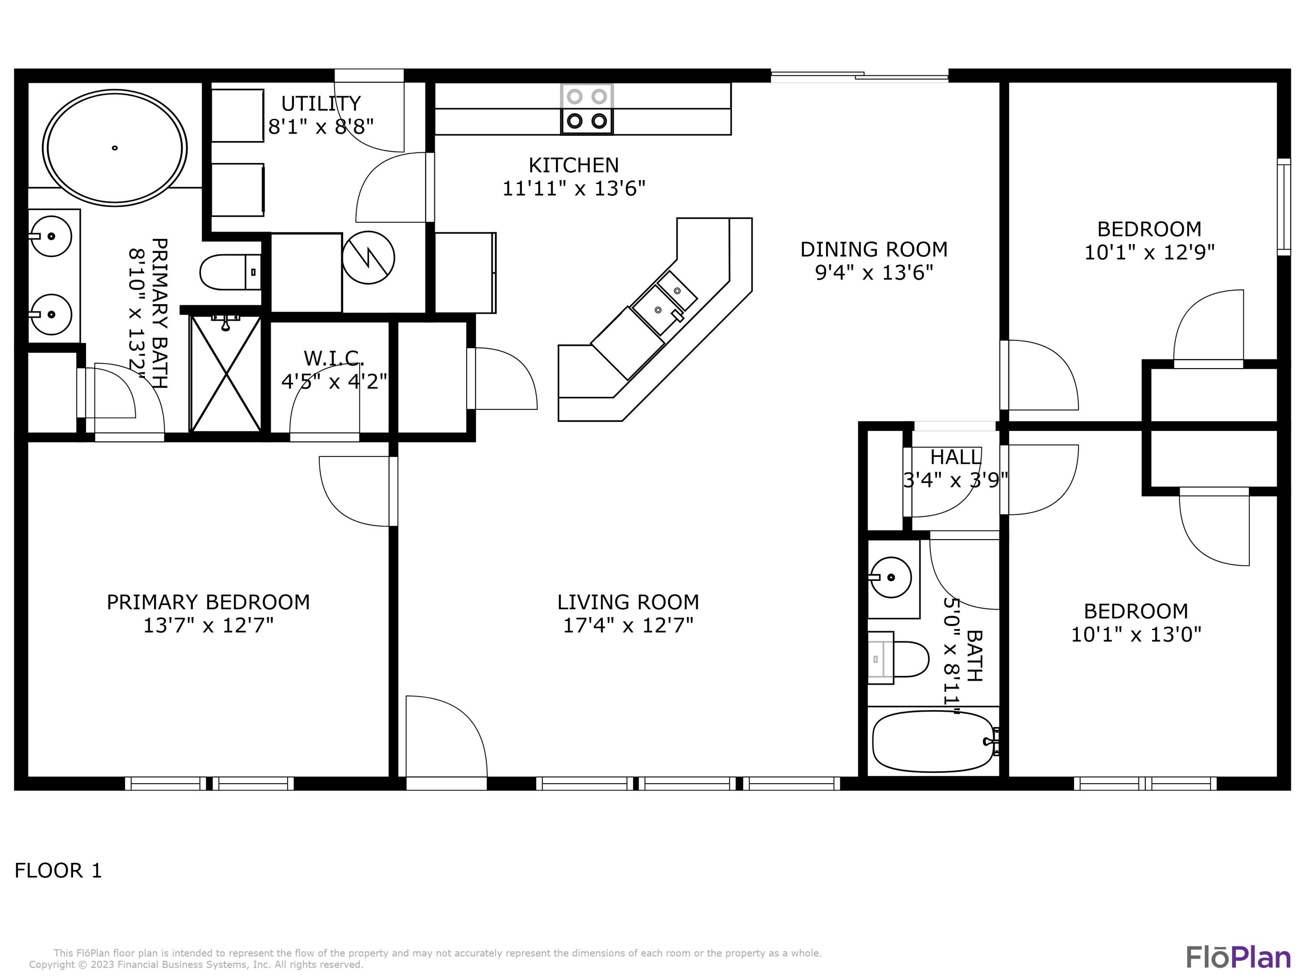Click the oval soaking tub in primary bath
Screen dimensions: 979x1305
click(x=114, y=148)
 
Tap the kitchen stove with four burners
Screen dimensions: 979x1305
click(x=586, y=109)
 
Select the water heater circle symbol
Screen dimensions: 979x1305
click(x=368, y=257)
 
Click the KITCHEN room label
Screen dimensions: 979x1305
click(x=573, y=164)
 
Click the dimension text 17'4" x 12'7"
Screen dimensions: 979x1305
click(x=628, y=625)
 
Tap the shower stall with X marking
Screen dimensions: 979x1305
click(x=226, y=373)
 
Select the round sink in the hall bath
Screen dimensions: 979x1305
click(x=891, y=577)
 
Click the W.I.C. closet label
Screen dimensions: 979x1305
click(x=334, y=358)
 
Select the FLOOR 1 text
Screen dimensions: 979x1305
click(x=58, y=870)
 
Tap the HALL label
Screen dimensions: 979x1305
click(x=955, y=457)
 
